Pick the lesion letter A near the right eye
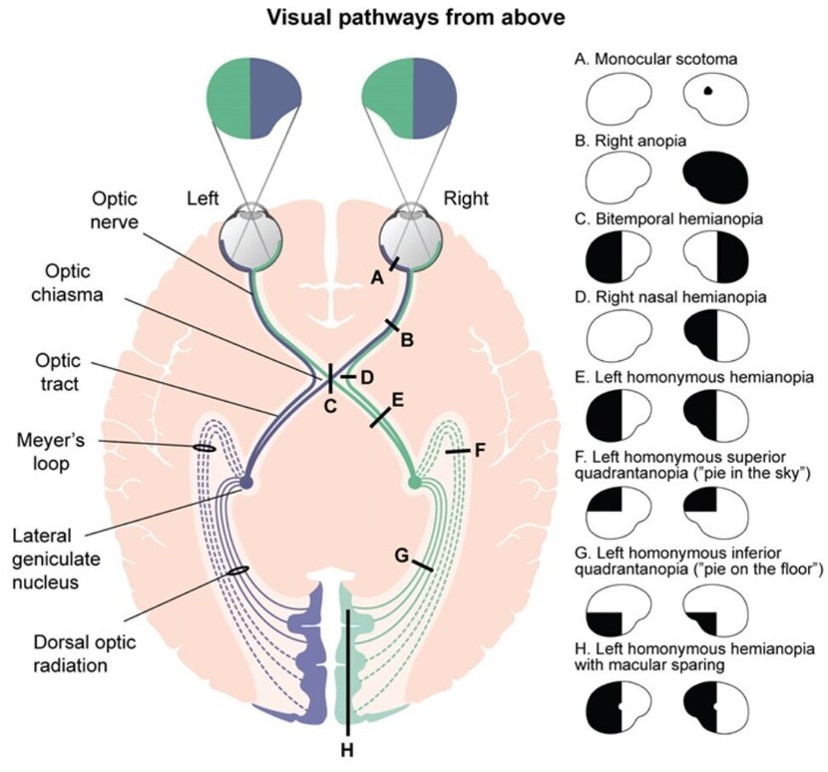pyautogui.click(x=376, y=278)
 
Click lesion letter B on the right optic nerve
pyautogui.click(x=406, y=340)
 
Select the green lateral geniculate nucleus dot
pyautogui.click(x=415, y=484)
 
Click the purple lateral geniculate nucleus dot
pyautogui.click(x=245, y=484)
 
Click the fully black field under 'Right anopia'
pyautogui.click(x=717, y=177)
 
